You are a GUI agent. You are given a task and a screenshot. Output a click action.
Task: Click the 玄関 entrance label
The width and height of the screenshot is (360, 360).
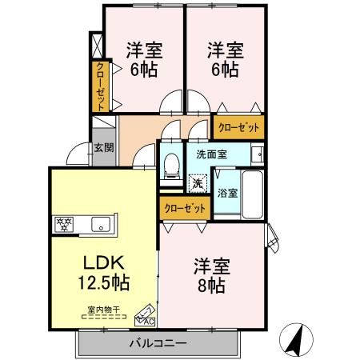[103, 147]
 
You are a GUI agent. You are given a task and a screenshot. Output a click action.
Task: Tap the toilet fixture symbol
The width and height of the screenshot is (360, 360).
[170, 165]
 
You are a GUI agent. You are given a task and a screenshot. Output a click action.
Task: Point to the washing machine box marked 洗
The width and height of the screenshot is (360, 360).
[197, 183]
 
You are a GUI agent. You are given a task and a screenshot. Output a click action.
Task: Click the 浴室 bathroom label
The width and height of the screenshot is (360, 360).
[226, 193]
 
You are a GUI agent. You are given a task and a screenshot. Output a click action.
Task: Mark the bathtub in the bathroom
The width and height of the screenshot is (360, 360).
[253, 194]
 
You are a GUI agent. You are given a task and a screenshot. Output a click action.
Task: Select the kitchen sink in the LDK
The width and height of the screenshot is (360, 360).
[101, 223]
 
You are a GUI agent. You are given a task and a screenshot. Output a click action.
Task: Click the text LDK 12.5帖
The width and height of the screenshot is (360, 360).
[101, 272]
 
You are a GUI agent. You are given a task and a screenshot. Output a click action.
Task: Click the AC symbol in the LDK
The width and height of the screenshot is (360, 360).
[146, 316]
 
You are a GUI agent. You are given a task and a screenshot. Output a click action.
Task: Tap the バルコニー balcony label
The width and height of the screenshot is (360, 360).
[158, 345]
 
